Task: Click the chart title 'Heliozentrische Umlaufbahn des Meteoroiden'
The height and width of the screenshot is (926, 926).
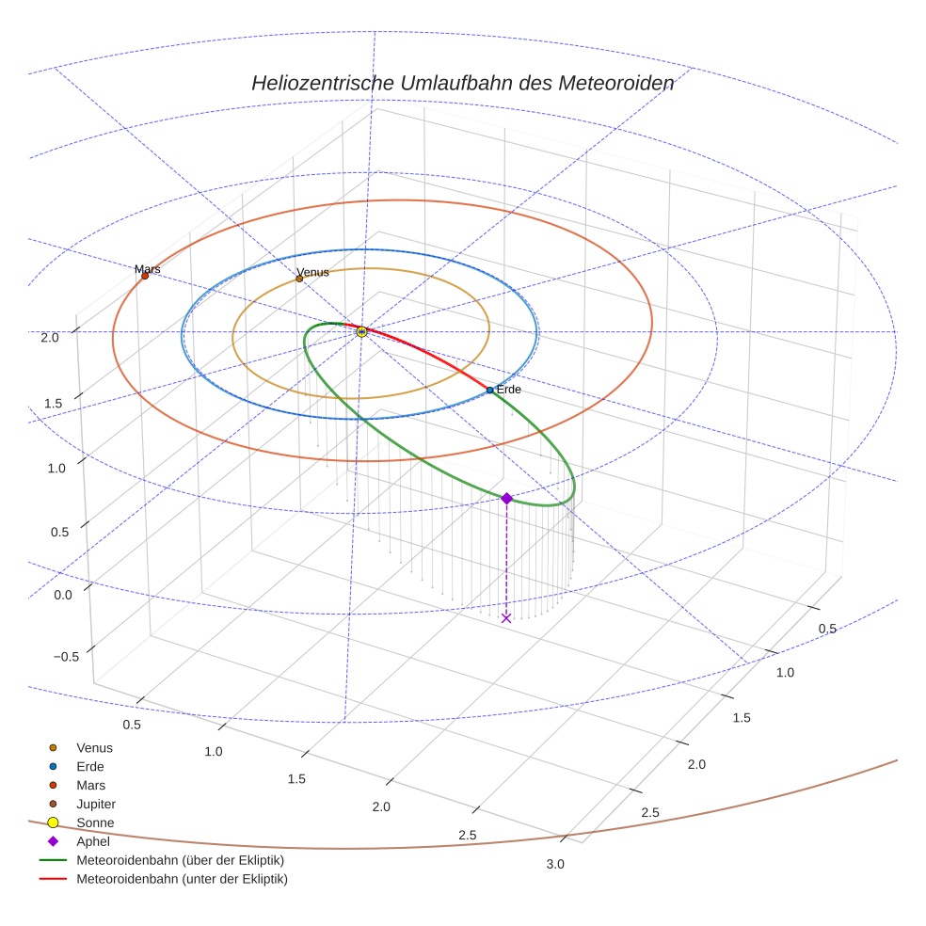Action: pos(462,83)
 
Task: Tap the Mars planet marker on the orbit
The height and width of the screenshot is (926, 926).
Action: pos(145,276)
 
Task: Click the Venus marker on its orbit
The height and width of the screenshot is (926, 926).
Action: pos(299,279)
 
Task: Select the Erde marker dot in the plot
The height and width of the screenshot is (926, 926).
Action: pos(489,390)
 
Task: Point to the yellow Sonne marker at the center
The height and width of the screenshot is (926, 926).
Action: pos(361,331)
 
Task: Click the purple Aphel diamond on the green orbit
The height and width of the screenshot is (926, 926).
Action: pos(506,498)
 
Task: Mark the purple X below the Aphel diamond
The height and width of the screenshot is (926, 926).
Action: pos(506,617)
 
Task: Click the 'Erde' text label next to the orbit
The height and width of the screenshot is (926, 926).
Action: pos(508,390)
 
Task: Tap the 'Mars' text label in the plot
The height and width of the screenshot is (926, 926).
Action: pos(147,269)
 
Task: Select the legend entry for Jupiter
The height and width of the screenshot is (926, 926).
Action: pos(95,804)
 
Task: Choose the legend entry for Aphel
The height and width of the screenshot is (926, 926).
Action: pos(92,841)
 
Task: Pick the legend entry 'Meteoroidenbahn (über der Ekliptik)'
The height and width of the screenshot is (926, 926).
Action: pos(180,860)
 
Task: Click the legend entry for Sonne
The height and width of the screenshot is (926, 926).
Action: pos(95,822)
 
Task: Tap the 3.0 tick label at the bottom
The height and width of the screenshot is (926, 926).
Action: pos(556,865)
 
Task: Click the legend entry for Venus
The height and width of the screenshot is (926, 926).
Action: pos(94,747)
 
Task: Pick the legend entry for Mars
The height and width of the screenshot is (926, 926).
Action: pos(90,785)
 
